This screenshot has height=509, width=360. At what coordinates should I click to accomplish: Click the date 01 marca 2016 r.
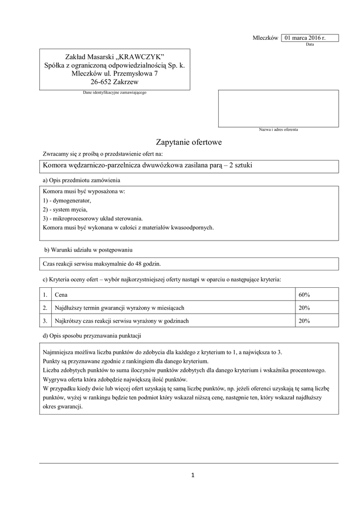click(305, 38)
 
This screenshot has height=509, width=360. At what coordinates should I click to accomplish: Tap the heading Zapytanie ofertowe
click(189, 142)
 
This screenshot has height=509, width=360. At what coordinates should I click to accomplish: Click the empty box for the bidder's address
click(278, 108)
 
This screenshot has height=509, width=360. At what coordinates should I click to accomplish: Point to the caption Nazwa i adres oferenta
click(278, 130)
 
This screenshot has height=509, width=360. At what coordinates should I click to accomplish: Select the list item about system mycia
click(65, 209)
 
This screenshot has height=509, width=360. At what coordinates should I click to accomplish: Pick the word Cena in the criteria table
click(61, 295)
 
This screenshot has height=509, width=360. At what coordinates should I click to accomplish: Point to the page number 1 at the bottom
click(192, 475)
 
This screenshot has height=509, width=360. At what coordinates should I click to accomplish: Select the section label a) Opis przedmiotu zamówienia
click(82, 179)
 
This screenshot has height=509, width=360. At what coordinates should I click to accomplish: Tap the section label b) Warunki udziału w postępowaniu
click(88, 250)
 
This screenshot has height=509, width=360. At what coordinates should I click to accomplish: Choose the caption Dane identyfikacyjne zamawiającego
click(114, 93)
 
